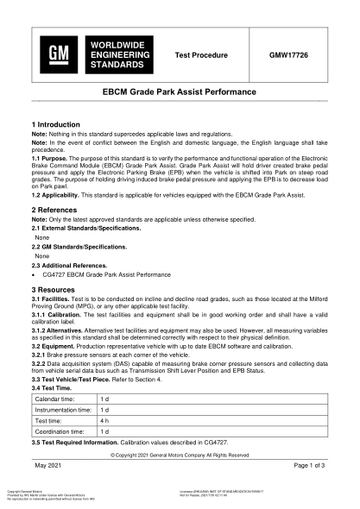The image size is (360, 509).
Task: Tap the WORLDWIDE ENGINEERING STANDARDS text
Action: [x=117, y=53]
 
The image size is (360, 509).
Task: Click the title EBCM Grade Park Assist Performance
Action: [x=180, y=91]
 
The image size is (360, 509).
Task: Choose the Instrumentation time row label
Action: [x=64, y=409]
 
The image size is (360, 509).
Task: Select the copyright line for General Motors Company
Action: [x=180, y=455]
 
